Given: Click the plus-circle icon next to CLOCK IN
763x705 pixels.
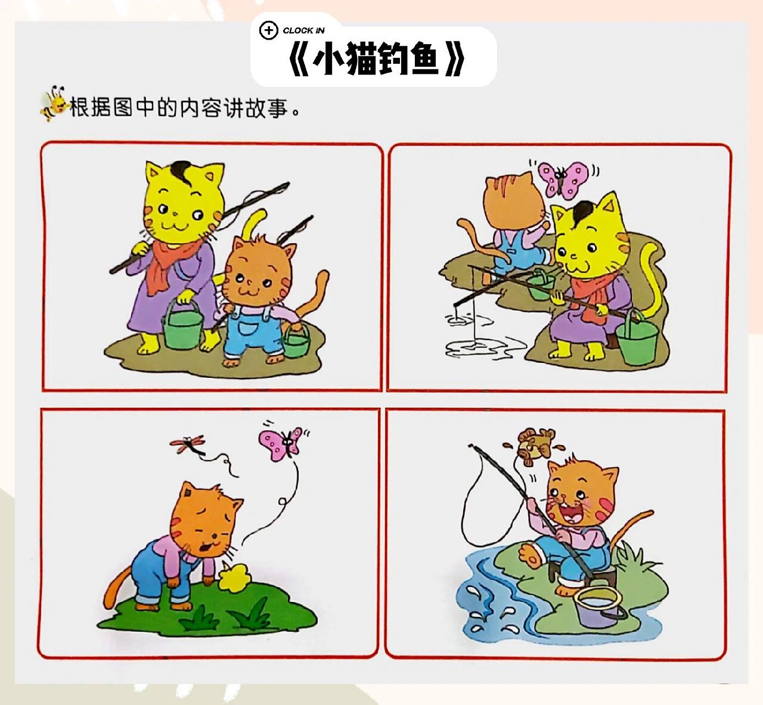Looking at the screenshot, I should pyautogui.click(x=268, y=30).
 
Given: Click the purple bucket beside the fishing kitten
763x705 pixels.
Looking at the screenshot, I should pyautogui.click(x=598, y=606).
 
